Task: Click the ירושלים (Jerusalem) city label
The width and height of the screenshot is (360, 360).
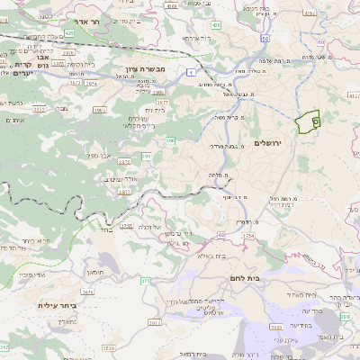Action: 268,144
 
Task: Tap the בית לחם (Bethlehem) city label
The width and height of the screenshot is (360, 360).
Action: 245,279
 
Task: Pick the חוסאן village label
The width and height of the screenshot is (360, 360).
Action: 95,271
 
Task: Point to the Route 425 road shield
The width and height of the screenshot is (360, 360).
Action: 67,34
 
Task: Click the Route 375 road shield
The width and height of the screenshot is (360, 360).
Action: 146,282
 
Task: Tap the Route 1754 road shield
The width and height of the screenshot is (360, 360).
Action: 247,236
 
